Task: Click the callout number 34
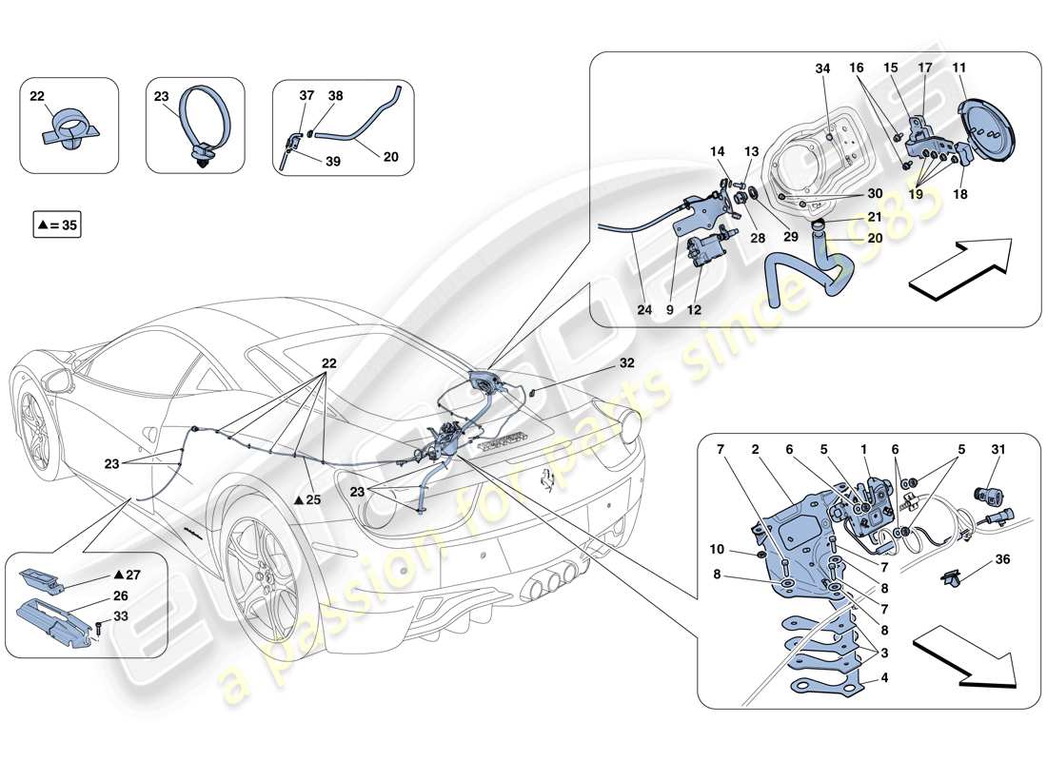[822, 68]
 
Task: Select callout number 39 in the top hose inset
[332, 162]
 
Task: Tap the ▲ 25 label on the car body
[306, 499]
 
